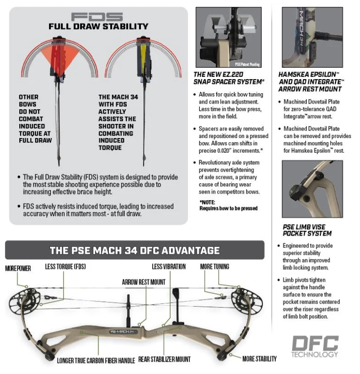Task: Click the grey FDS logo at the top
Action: tap(97, 16)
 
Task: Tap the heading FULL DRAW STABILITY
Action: tap(98, 26)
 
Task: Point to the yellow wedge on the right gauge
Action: tap(143, 57)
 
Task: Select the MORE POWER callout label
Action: tap(18, 268)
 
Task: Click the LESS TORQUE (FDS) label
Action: tap(65, 267)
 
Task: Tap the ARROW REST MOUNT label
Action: tap(144, 282)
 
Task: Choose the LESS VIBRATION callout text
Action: tap(169, 267)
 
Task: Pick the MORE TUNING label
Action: tap(214, 267)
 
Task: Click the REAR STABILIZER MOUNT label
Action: tap(164, 359)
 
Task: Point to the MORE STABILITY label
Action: tap(259, 358)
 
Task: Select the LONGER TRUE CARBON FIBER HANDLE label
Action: tap(96, 360)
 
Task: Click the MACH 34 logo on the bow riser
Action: tap(124, 331)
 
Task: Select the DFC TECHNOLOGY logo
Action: tap(315, 346)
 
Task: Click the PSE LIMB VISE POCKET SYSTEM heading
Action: tap(307, 230)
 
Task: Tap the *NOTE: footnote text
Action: tap(229, 205)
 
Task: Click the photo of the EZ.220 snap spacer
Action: tap(229, 37)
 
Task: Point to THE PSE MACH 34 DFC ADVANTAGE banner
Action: tap(135, 250)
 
